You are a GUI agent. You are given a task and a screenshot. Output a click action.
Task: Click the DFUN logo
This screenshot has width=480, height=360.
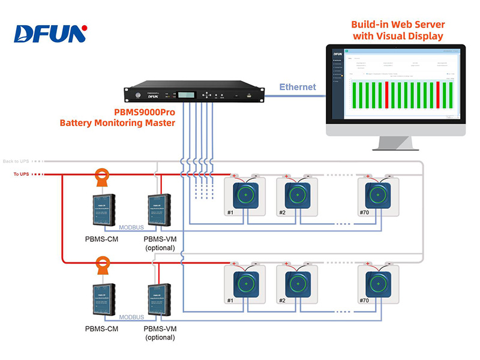tap(50, 34)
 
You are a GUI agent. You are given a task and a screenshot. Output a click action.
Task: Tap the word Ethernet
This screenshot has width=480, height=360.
tap(298, 87)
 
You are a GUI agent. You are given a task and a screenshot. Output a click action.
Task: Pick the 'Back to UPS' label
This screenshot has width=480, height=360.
tap(16, 161)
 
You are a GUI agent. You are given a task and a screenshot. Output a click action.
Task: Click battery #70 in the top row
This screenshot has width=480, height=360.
tap(379, 196)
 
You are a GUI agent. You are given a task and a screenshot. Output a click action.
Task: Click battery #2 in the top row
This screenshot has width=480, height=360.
tap(297, 196)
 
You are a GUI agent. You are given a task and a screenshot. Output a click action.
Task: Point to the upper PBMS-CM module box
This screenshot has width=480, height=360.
tap(106, 210)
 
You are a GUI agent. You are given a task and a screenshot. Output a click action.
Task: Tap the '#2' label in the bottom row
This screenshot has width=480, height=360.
tap(282, 301)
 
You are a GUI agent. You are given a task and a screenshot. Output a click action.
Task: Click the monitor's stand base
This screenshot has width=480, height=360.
tap(396, 147)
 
